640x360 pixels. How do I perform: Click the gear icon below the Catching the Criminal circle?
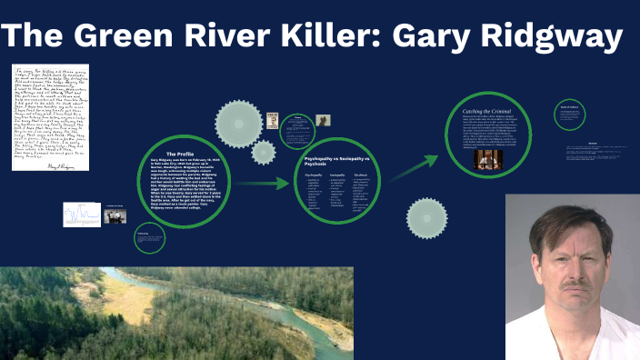[426, 218]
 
